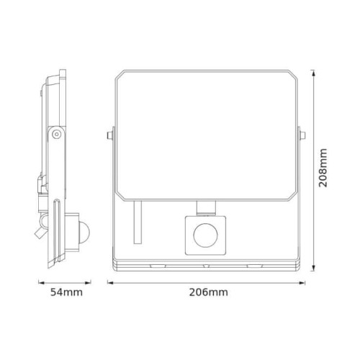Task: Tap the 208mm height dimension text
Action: (325, 168)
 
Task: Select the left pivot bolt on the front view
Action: (109, 134)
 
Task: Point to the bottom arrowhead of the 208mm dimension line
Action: (315, 269)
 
